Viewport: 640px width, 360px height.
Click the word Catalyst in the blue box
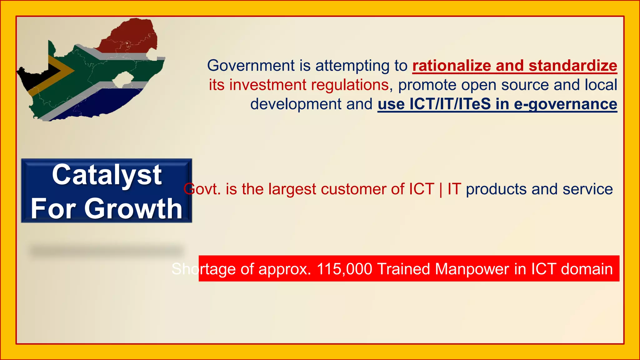click(x=107, y=175)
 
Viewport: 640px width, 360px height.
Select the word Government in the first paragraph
click(x=251, y=66)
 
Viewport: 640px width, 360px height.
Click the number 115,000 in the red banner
click(x=344, y=269)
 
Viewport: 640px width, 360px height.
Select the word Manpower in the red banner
click(x=472, y=269)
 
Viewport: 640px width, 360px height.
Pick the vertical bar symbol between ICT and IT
click(x=441, y=189)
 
